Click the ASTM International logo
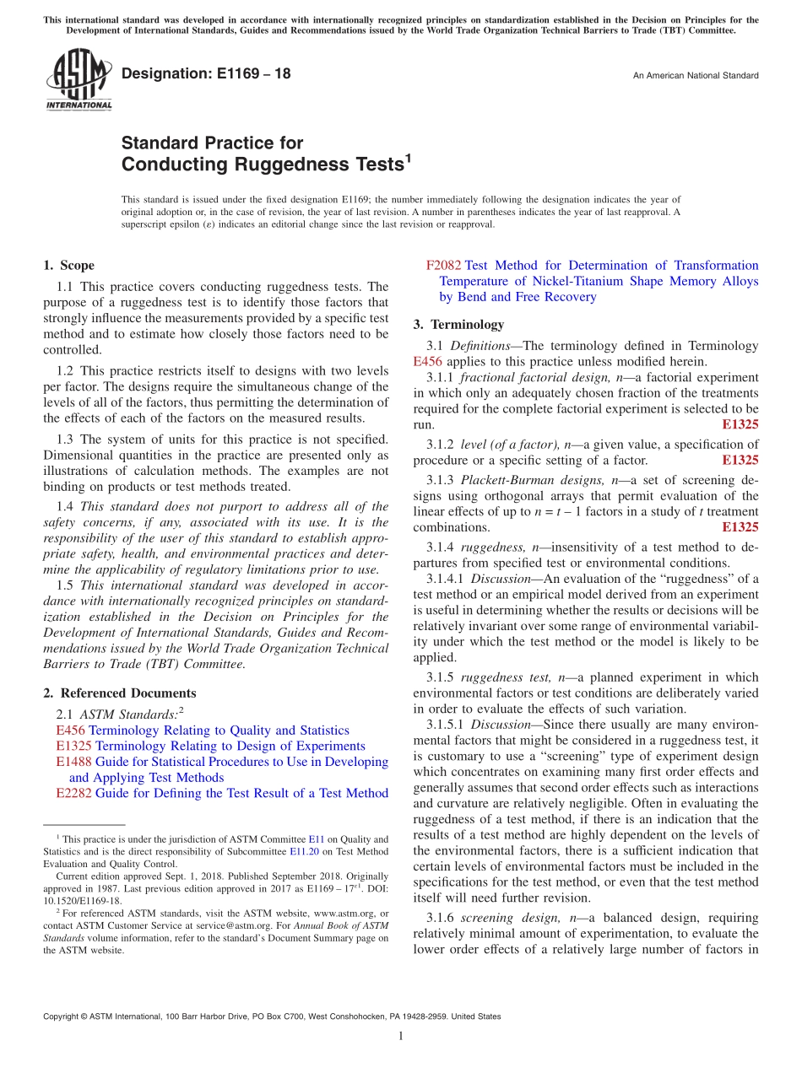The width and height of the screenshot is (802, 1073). tap(79, 80)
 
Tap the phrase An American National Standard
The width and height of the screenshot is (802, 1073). tap(696, 76)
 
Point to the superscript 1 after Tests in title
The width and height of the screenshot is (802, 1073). tap(407, 157)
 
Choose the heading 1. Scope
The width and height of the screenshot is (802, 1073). tap(68, 265)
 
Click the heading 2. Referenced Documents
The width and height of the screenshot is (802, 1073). tap(119, 693)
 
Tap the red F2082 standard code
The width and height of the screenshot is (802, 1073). tap(444, 266)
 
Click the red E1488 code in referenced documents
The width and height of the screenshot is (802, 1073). tap(73, 762)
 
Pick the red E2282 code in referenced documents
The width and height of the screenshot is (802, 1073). tap(73, 793)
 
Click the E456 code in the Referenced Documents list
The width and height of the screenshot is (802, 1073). tap(70, 731)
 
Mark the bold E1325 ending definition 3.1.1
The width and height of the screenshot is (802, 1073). tap(740, 424)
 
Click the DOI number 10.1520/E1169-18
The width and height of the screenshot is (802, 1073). tap(82, 900)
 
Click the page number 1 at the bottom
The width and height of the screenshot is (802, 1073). tap(401, 1037)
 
